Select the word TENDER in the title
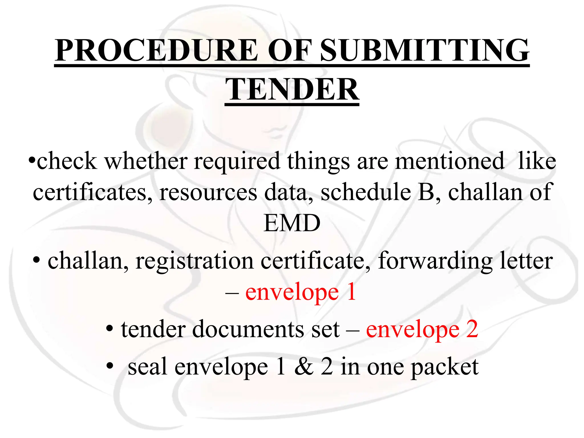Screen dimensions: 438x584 [x=292, y=90]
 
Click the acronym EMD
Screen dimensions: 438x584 [x=292, y=223]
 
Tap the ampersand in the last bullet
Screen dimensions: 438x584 [x=304, y=367]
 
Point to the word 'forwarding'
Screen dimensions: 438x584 [x=435, y=261]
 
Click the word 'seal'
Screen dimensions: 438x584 [x=147, y=367]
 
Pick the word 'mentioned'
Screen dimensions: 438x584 [x=450, y=161]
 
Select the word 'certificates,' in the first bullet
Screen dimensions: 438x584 [x=93, y=192]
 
